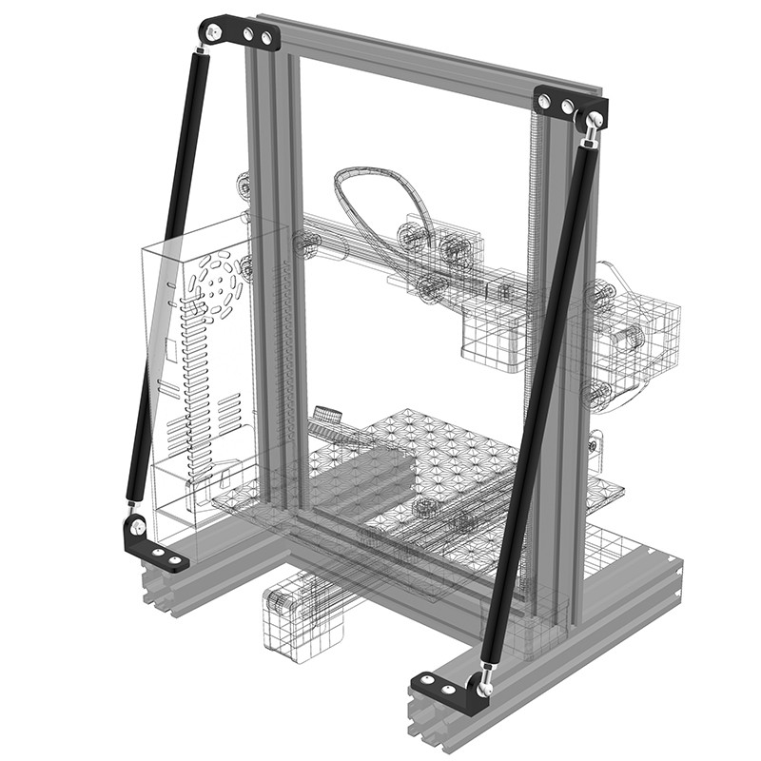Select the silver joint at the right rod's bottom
tap(486, 677)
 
